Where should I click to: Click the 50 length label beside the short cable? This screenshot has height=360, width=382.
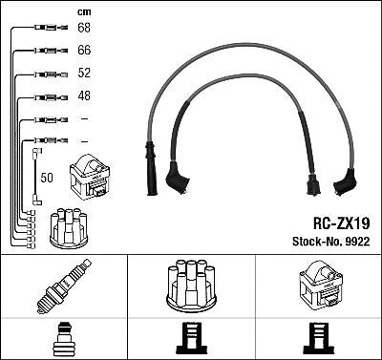[48, 177]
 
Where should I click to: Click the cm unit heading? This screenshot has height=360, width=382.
[83, 11]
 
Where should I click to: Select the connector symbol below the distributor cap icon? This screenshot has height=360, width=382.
[191, 339]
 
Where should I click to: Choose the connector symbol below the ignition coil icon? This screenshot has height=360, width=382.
[318, 339]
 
